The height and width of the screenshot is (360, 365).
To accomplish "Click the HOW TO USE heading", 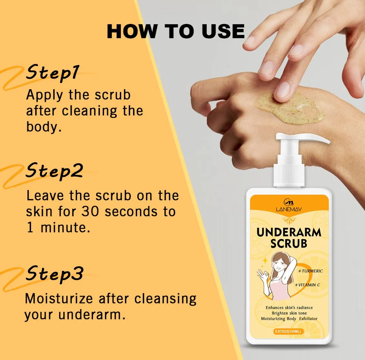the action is click(175, 31).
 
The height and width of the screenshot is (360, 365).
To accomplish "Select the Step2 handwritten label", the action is click(54, 171).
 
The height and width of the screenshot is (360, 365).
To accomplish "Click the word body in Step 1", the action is click(44, 127).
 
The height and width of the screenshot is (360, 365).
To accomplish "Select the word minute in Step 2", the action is click(65, 227).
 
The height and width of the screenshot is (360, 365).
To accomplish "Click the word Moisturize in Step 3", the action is click(59, 299).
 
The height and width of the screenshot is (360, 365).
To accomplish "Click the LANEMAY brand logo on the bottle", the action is click(289, 206).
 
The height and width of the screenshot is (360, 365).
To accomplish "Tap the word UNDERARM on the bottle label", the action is click(289, 232).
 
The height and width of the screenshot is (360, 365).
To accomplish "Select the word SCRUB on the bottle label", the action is click(289, 243).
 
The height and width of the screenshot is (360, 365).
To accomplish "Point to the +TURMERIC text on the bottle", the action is click(310, 271).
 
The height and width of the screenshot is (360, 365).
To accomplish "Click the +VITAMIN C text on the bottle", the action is click(307, 285).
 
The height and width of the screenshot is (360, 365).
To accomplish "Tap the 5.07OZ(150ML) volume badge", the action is click(288, 331).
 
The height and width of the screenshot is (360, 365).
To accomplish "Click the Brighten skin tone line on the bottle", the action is click(289, 313).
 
